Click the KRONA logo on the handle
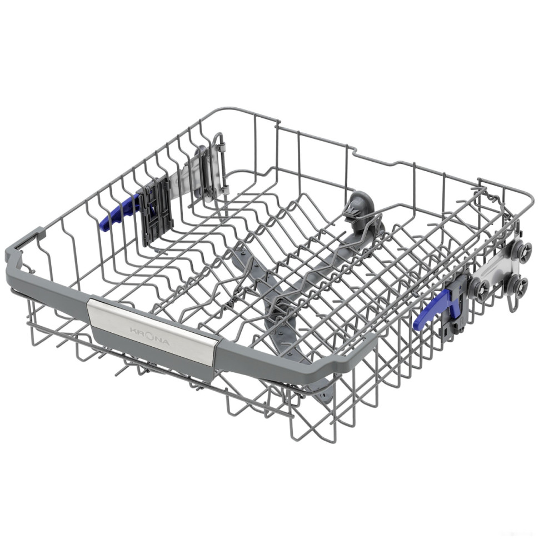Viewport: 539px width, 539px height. click(149, 336)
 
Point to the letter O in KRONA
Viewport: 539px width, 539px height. click(151, 336)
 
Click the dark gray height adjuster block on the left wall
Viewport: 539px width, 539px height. click(156, 211)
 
